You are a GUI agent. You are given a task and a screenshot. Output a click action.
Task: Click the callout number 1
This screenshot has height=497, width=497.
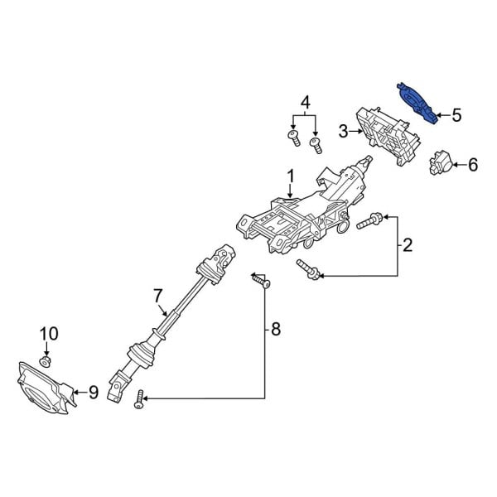291,176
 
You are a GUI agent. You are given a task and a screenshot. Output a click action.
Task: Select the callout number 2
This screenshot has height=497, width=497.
408,244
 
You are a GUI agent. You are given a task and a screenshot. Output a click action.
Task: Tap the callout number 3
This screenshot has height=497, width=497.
343,130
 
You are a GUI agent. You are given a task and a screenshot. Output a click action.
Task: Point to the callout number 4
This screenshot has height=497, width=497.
306,103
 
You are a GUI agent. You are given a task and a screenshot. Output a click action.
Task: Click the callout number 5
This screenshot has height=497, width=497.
456,115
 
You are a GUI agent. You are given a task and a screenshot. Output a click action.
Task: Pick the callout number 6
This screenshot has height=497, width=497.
472,165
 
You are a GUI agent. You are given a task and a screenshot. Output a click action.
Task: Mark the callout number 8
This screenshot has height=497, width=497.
275,331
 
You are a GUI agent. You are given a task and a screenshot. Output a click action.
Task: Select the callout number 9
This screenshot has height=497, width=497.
93,392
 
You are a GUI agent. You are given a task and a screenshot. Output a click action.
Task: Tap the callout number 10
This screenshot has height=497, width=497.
49,335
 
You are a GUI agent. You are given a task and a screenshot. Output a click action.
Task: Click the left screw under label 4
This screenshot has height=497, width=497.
293,137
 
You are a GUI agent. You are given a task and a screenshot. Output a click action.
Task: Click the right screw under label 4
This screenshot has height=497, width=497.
315,146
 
